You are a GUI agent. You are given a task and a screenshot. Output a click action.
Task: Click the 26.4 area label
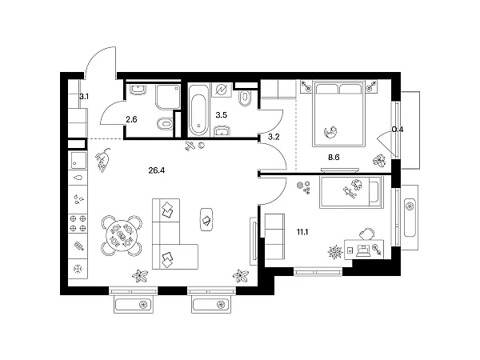pos(157,170)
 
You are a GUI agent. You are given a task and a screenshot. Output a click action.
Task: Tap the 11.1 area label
pos(302,232)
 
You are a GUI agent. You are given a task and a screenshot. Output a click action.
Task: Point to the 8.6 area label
pos(334,158)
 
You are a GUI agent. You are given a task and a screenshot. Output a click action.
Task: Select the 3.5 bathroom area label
pos(222,115)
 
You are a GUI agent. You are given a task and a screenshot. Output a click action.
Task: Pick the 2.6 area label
pos(131,119)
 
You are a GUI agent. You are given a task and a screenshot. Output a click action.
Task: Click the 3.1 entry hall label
pos(84,97)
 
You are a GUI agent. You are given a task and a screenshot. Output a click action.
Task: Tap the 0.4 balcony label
pos(398,130)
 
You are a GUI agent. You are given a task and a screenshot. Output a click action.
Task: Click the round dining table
pos(122,236)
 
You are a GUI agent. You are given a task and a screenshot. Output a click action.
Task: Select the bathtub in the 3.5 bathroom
pos(198,110)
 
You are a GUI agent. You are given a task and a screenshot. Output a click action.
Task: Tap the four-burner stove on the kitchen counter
pos(78,223)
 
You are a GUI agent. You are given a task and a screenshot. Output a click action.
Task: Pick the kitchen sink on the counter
pos(78,160)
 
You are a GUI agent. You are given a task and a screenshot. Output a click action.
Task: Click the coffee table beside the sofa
pos(206,219)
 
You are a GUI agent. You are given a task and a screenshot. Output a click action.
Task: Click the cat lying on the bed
pos(331,132)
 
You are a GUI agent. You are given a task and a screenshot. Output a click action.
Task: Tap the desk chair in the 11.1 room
pos(366,234)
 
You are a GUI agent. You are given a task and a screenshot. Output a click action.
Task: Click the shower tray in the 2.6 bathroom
pos(168,97)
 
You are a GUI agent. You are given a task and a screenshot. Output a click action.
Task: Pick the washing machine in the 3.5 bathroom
pos(222,90)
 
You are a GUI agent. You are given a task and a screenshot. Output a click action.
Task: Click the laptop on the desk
pos(363,250)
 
